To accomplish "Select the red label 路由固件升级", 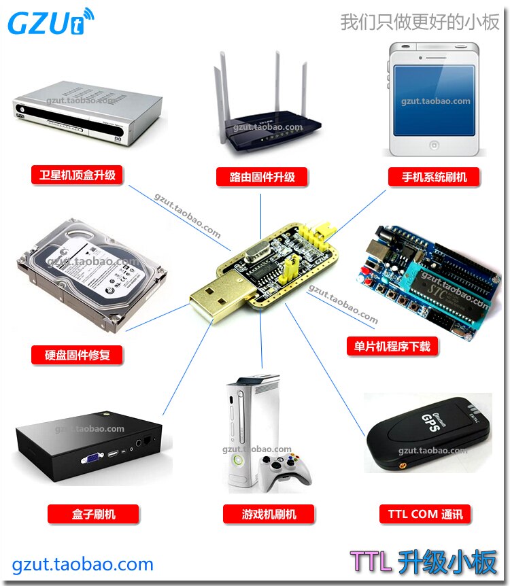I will pyautogui.click(x=262, y=177).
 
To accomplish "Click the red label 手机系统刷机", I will pyautogui.click(x=435, y=177).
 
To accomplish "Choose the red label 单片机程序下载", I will pyautogui.click(x=388, y=346).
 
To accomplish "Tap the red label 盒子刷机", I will pyautogui.click(x=93, y=514).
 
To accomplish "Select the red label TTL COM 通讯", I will pyautogui.click(x=425, y=514).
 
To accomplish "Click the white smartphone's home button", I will pyautogui.click(x=435, y=145).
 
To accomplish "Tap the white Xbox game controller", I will pyautogui.click(x=286, y=470).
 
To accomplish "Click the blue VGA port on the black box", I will pyautogui.click(x=90, y=459).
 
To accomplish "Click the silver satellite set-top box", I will pyautogui.click(x=87, y=112).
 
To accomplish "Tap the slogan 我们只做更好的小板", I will pyautogui.click(x=420, y=22).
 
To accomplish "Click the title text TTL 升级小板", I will pyautogui.click(x=424, y=562).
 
